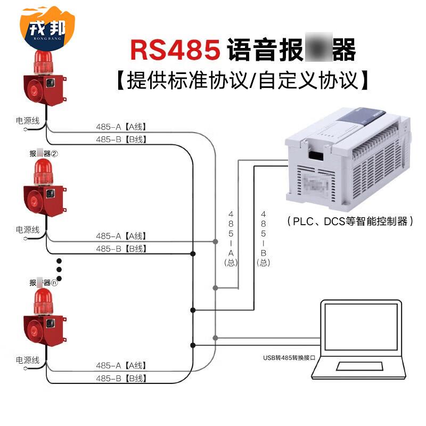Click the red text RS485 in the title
176,50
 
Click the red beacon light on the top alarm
44,62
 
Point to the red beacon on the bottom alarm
44,301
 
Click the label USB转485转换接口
287,358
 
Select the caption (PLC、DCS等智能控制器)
350,221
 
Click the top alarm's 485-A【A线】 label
121,127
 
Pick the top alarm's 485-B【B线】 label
121,140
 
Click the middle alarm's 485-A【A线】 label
121,236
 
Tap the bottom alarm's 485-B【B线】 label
121,379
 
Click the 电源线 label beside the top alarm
28,121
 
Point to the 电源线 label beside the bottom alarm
28,361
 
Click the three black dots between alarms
60,269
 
